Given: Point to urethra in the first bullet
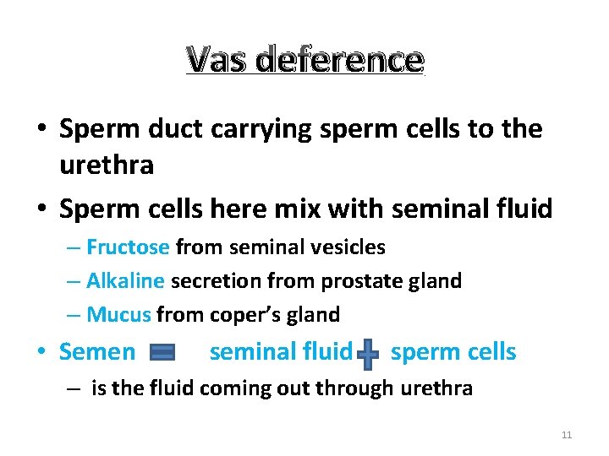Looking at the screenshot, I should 107,165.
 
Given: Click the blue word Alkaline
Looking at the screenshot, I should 126,281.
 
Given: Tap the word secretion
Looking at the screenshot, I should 217,281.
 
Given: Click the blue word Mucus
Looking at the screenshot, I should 118,315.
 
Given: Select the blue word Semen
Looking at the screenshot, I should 97,352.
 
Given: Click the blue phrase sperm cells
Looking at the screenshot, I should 453,352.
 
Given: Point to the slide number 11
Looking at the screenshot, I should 567,435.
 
